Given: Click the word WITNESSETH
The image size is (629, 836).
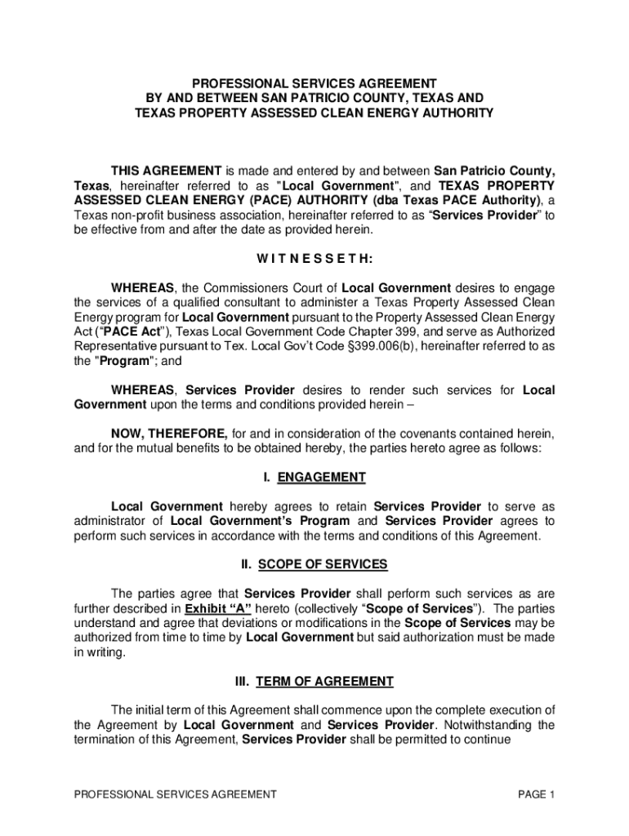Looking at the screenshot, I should point(314,260).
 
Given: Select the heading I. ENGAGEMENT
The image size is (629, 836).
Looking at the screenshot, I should point(314,478).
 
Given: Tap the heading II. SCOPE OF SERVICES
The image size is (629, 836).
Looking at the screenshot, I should point(314,564).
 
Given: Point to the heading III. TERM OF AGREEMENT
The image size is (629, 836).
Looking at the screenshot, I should point(314,681).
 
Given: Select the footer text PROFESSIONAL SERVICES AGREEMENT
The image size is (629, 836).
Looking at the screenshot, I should point(175,794).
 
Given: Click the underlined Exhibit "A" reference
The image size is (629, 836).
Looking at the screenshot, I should point(218,609).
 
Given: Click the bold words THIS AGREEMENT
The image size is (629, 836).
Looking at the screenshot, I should point(166,171).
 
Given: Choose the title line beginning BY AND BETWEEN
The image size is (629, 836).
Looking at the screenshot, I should point(314,98).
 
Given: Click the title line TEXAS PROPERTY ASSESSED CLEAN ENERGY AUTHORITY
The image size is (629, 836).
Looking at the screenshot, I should point(314,113).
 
